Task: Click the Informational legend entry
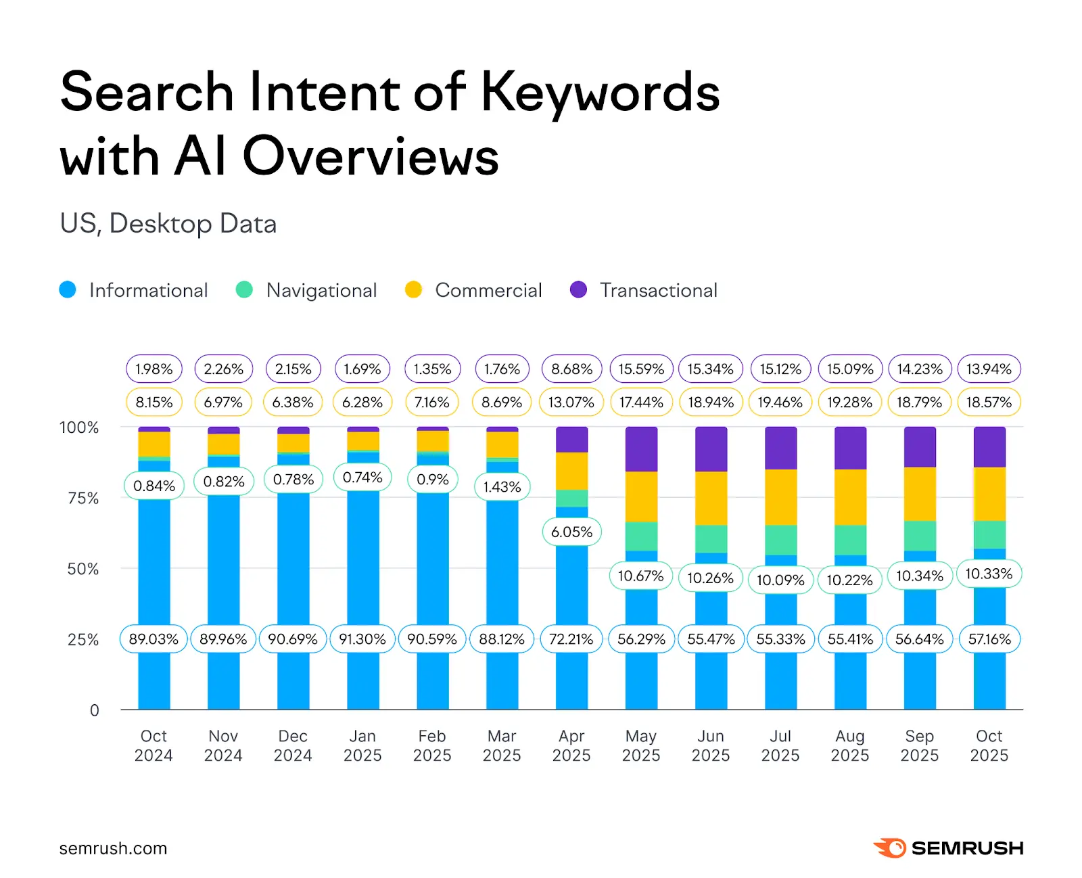148,290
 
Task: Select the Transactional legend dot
578,290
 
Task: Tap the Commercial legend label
488,290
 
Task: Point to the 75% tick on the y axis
83,499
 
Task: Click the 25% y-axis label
83,640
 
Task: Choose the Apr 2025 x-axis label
571,745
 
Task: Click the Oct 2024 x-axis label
154,745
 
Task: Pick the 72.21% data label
571,639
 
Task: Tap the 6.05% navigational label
571,532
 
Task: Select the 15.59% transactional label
641,369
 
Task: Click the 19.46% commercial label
780,402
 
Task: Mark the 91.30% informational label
362,639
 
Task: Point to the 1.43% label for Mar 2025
502,487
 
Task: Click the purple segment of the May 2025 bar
641,449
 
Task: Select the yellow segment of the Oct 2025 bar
989,494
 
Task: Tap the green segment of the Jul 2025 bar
780,540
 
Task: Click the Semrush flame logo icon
890,848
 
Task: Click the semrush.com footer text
113,848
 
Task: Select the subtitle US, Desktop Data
168,224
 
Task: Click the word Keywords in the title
600,93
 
